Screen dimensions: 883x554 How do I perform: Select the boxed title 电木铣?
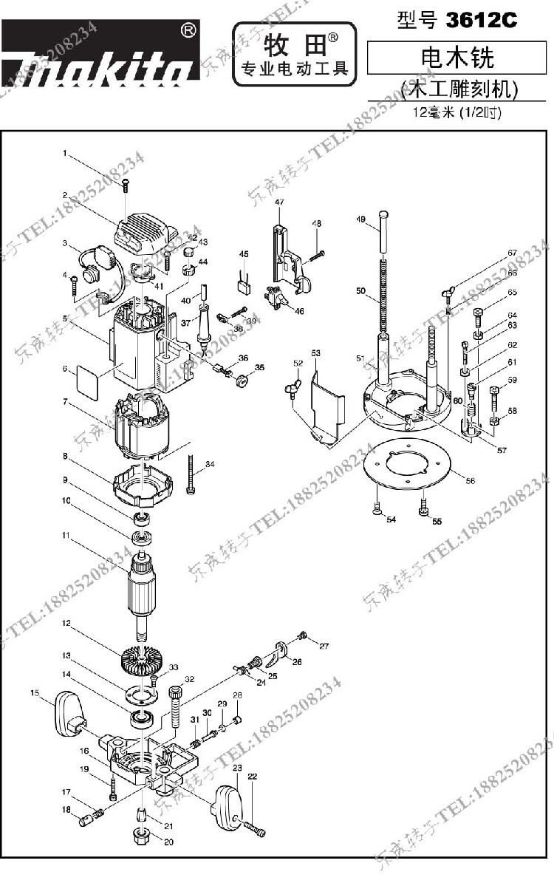[457, 58]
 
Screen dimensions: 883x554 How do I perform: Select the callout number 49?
[361, 219]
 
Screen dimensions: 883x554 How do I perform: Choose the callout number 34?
[210, 464]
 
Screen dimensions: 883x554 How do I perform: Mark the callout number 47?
[279, 202]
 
